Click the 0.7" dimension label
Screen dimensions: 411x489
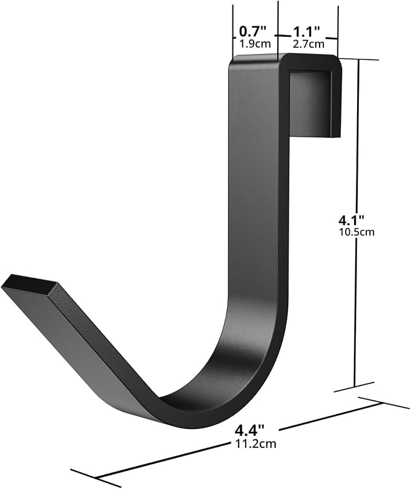tap(253, 32)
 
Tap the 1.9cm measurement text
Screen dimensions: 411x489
tap(255, 44)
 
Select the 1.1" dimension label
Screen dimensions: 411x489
tap(307, 32)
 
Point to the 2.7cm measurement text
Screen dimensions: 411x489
tap(308, 44)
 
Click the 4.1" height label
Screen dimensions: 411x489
tap(352, 220)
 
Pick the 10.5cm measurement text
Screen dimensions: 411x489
tap(356, 232)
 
